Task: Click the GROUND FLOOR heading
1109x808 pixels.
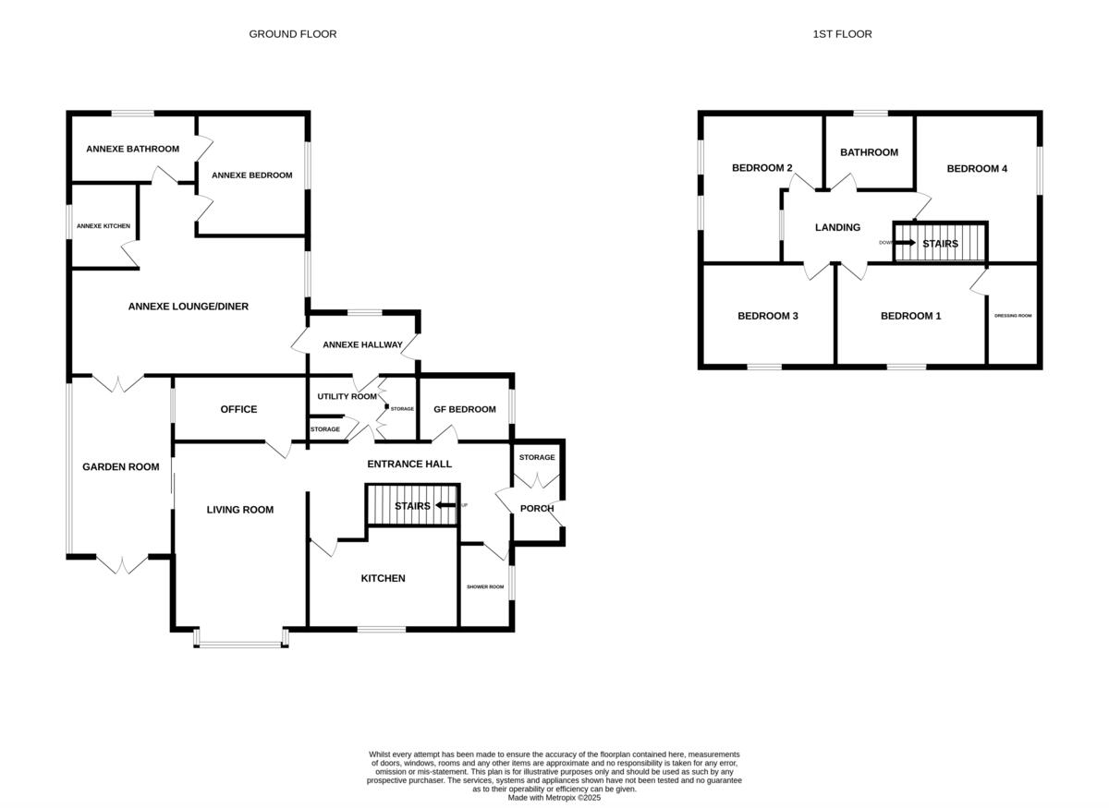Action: tap(292, 34)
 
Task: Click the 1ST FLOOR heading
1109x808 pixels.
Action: tap(842, 34)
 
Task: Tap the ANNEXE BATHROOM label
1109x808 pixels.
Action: tap(132, 149)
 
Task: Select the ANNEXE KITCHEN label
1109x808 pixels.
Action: tap(103, 226)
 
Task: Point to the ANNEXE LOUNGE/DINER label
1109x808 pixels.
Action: tap(188, 307)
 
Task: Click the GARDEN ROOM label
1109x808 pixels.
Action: tap(120, 467)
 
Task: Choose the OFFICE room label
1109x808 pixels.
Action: tap(238, 409)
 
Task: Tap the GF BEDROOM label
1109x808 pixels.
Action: tap(465, 409)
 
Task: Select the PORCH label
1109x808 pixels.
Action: tap(537, 508)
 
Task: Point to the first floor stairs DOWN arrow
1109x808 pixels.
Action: tap(904, 243)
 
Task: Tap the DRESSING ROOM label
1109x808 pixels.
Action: tap(1013, 316)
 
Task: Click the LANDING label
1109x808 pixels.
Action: tap(837, 227)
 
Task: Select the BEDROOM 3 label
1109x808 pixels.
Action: tap(767, 316)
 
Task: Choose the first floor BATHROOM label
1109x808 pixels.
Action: tap(868, 152)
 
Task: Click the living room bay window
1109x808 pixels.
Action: tap(240, 641)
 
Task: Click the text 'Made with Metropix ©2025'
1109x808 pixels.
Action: tap(554, 798)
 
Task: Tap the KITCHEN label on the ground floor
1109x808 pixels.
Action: tap(383, 578)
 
